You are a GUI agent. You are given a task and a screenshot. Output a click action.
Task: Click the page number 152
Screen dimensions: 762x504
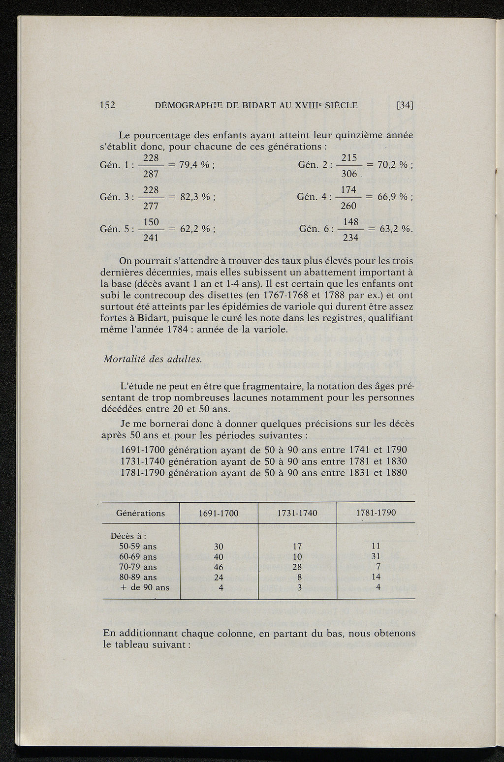pyautogui.click(x=107, y=105)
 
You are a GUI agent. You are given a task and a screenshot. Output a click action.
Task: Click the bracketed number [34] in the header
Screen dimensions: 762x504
pyautogui.click(x=405, y=105)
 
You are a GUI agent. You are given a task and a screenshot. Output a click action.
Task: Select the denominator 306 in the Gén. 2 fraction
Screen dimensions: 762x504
pyautogui.click(x=348, y=175)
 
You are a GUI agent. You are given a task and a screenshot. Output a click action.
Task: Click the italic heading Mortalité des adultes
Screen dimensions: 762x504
pyautogui.click(x=153, y=359)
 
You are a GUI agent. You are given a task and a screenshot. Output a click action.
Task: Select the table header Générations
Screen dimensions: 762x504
pyautogui.click(x=140, y=513)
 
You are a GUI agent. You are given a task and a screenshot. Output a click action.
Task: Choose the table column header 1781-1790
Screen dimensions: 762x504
pyautogui.click(x=376, y=513)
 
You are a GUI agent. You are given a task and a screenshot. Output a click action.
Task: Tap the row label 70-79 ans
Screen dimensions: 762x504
pyautogui.click(x=138, y=567)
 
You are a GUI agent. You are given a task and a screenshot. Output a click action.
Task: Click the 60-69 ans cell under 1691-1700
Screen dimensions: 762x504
pyautogui.click(x=219, y=557)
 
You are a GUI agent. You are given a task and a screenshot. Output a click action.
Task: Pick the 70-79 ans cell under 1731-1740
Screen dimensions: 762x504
pyautogui.click(x=297, y=567)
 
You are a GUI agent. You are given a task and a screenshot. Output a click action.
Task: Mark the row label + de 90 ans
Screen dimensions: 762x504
pyautogui.click(x=144, y=587)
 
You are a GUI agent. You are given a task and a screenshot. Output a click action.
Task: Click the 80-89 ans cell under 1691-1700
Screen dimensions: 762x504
pyautogui.click(x=219, y=578)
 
